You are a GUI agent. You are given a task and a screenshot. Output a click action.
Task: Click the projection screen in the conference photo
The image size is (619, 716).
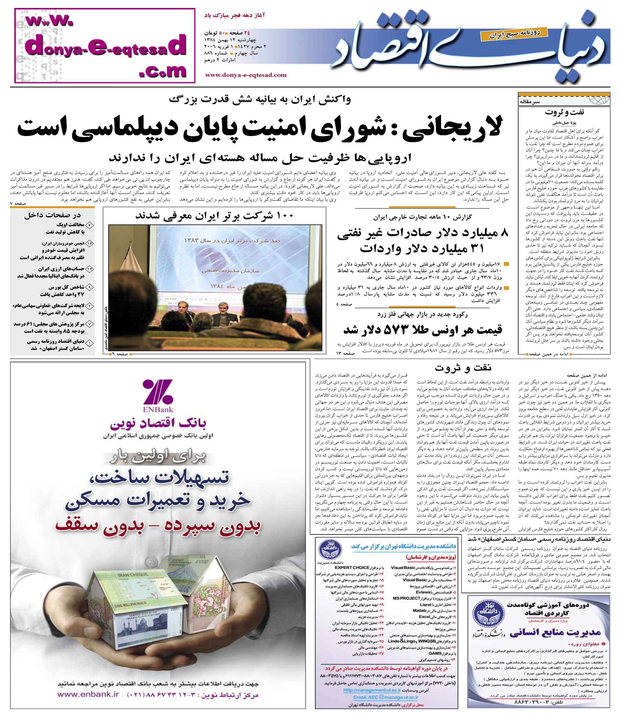point(214,266)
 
